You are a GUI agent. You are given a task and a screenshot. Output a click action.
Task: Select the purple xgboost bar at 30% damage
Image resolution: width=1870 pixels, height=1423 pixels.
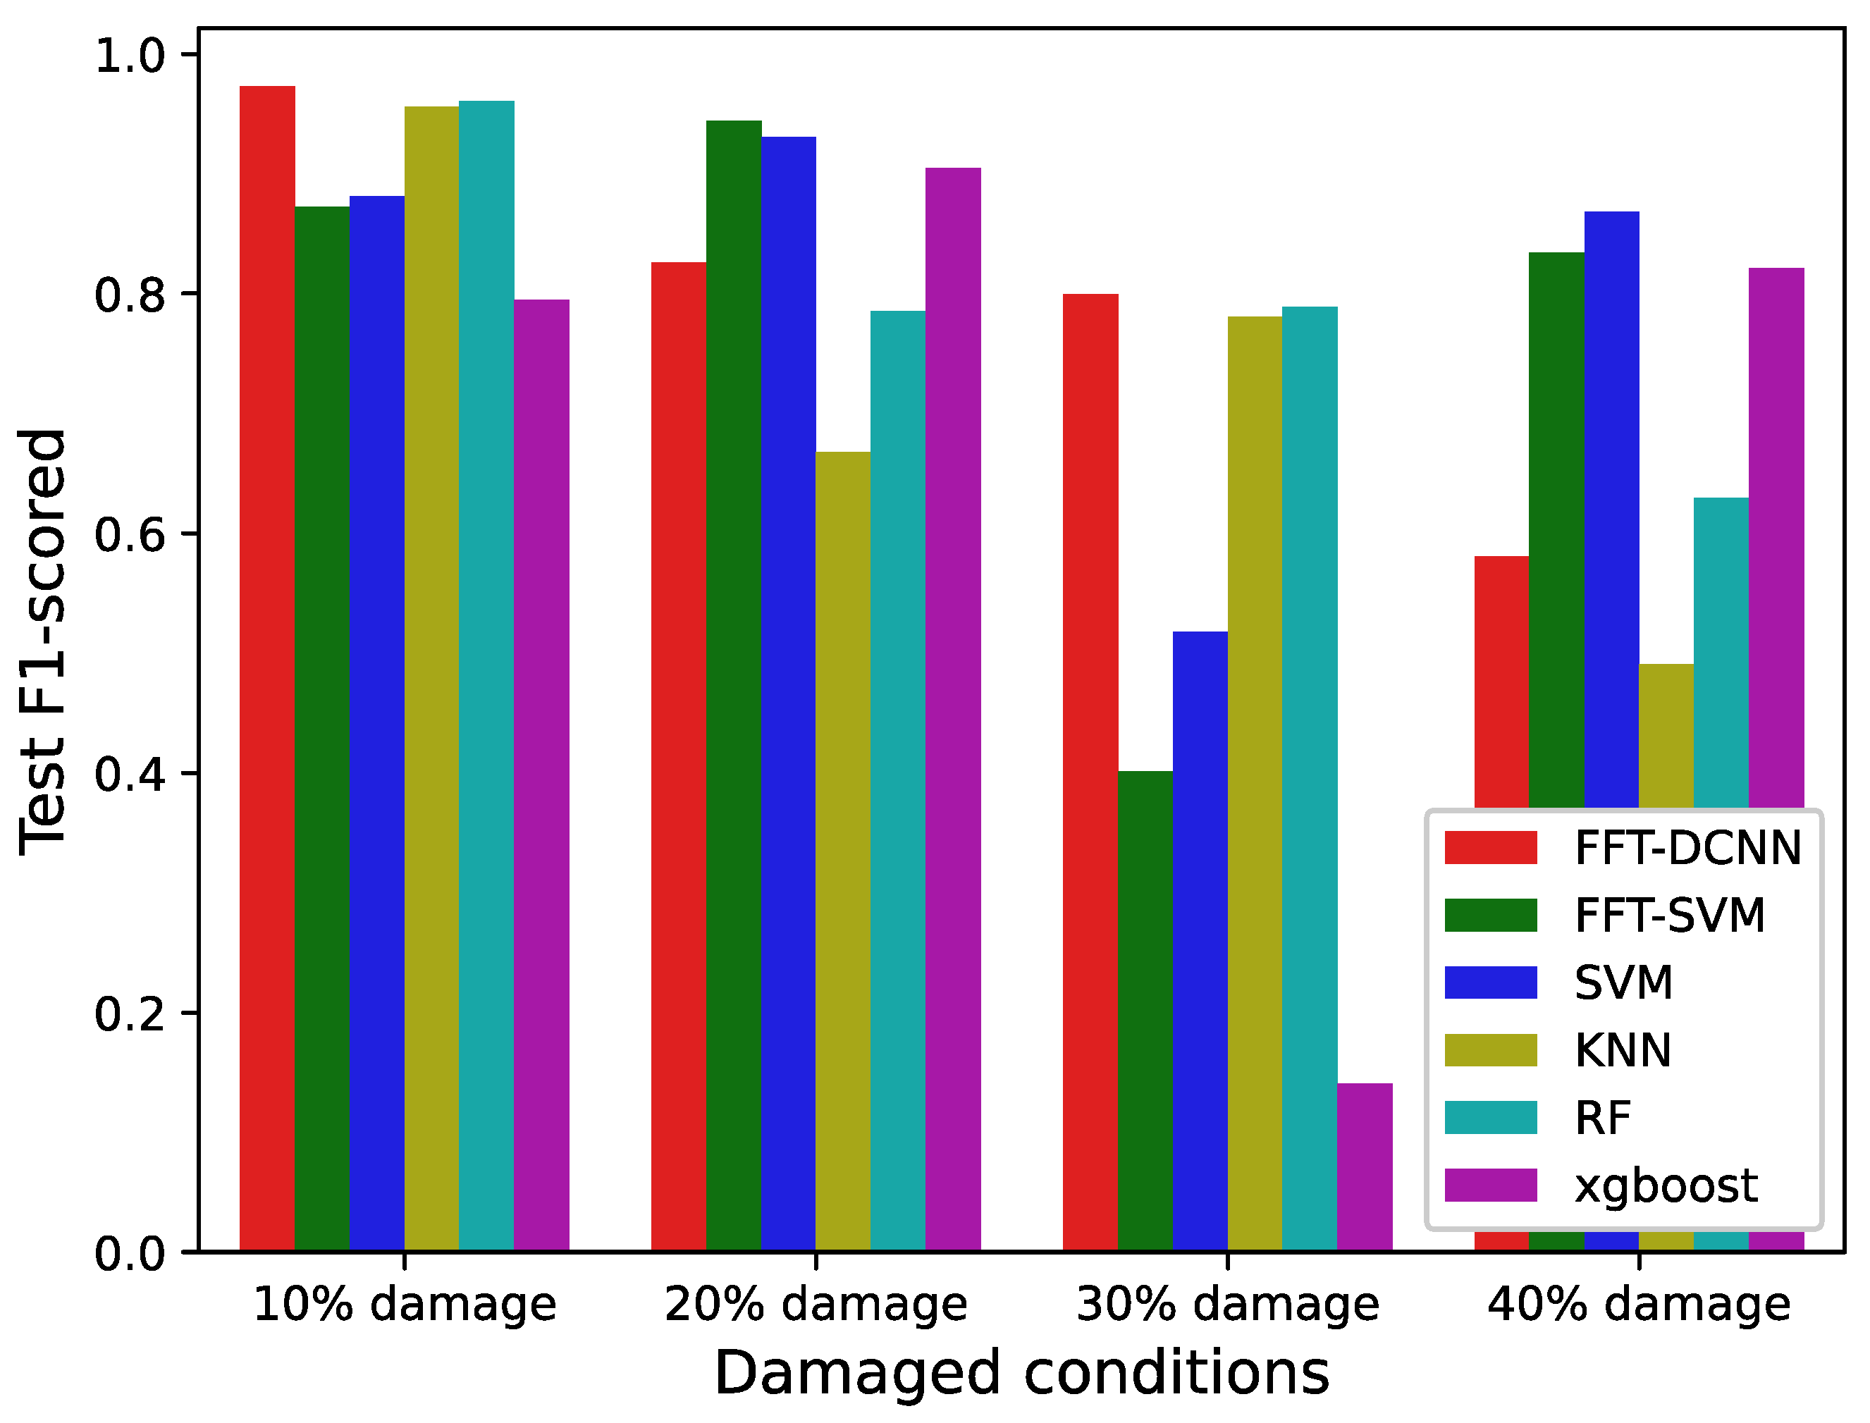pyautogui.click(x=1365, y=1168)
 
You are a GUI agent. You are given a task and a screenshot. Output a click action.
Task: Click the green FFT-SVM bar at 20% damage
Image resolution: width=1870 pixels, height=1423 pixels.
pyautogui.click(x=734, y=686)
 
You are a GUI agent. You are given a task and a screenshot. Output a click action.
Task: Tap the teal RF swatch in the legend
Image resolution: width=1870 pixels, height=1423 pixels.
pyautogui.click(x=1491, y=1117)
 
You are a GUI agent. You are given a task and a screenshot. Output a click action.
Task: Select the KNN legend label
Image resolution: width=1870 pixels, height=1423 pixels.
pyautogui.click(x=1623, y=1050)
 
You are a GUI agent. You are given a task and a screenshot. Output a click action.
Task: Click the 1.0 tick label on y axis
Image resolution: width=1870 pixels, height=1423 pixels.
pyautogui.click(x=129, y=56)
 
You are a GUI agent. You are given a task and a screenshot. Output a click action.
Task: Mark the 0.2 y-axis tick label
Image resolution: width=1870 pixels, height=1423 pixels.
pyautogui.click(x=129, y=1014)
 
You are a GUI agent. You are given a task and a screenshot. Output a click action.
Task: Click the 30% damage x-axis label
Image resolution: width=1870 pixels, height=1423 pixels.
pyautogui.click(x=1227, y=1305)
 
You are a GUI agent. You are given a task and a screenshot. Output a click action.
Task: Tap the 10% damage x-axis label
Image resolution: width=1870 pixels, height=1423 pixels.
pyautogui.click(x=405, y=1305)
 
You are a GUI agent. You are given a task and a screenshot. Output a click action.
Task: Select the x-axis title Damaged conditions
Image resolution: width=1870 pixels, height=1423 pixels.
pyautogui.click(x=1021, y=1373)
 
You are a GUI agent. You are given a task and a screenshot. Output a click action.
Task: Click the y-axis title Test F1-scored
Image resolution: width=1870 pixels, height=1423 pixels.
pyautogui.click(x=42, y=642)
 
